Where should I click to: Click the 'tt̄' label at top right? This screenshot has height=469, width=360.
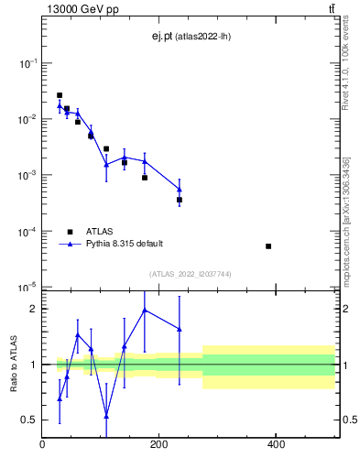point(332,9)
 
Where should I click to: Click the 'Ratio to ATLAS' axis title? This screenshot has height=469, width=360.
point(12,364)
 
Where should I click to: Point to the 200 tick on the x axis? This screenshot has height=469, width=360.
point(159,444)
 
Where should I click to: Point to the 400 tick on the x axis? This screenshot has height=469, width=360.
point(276,444)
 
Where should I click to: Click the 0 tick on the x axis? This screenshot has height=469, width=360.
point(43,444)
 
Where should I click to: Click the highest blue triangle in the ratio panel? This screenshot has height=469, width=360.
point(145,310)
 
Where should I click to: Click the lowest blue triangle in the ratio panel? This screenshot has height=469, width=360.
point(106,416)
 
